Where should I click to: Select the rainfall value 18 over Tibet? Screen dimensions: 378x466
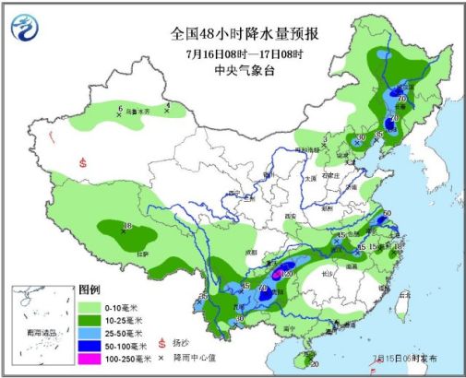pos(128,227)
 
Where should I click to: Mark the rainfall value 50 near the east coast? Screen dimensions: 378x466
pos(388,214)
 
